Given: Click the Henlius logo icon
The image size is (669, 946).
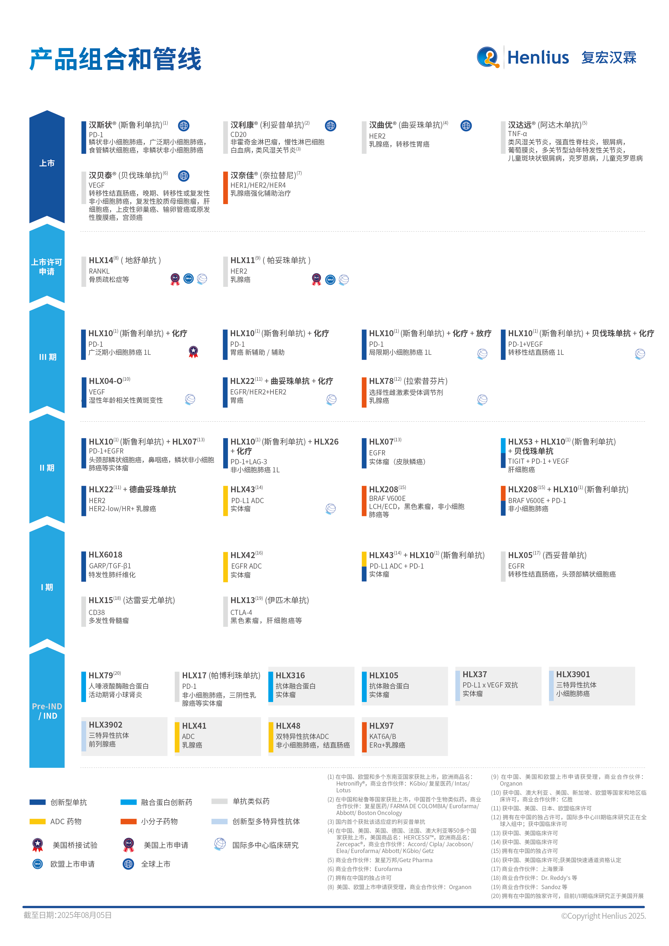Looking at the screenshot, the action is [x=488, y=57].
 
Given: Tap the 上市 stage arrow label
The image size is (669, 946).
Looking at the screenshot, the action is [x=47, y=163].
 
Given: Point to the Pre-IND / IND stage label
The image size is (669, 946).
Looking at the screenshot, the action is [x=47, y=711].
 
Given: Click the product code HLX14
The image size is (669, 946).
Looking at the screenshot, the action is [x=101, y=260].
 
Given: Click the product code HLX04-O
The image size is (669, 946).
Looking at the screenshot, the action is [x=105, y=381].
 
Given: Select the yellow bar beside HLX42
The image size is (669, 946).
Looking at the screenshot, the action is [x=225, y=567].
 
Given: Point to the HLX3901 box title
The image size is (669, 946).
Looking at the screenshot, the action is [x=573, y=675].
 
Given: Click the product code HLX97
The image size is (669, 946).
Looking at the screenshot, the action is [x=381, y=726].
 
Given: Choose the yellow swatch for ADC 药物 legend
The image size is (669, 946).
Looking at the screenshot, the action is [x=37, y=821].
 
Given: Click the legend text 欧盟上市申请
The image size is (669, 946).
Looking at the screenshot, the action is [x=73, y=864].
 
